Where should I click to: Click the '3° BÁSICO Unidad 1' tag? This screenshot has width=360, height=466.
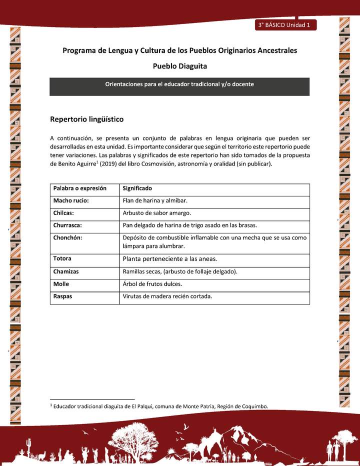click(284, 24)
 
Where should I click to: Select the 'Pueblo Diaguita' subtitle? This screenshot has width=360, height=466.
click(179, 66)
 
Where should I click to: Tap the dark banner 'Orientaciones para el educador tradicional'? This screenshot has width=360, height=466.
click(179, 84)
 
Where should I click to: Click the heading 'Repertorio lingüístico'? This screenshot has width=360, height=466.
click(86, 119)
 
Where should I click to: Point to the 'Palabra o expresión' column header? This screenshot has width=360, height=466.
click(80, 188)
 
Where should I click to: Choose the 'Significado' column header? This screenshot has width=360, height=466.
click(137, 188)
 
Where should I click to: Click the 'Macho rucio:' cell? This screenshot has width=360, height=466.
click(71, 200)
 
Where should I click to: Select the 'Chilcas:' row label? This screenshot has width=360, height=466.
click(64, 213)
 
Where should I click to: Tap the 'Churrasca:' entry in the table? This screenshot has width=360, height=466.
click(67, 225)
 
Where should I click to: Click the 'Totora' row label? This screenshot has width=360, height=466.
click(62, 258)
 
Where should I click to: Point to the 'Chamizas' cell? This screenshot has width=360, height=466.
click(66, 271)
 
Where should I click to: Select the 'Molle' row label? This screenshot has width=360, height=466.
click(61, 283)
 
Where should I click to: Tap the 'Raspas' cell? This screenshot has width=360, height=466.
click(62, 296)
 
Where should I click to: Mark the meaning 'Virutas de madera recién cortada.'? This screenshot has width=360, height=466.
click(167, 296)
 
